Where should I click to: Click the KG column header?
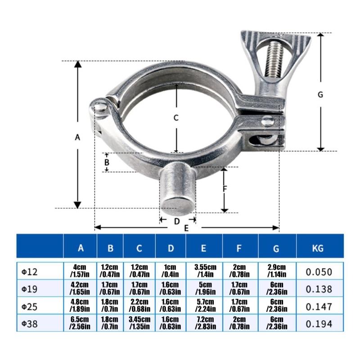(318, 248)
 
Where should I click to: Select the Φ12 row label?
(29, 272)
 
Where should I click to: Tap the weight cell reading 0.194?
(319, 324)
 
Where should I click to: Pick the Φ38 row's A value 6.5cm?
(80, 319)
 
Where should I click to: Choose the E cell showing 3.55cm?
(205, 267)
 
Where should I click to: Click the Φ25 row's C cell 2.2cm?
(139, 302)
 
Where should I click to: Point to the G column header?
(276, 248)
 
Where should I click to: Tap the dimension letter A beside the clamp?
(77, 137)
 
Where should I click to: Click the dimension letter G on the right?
(320, 94)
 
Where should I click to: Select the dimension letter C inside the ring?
(176, 118)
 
